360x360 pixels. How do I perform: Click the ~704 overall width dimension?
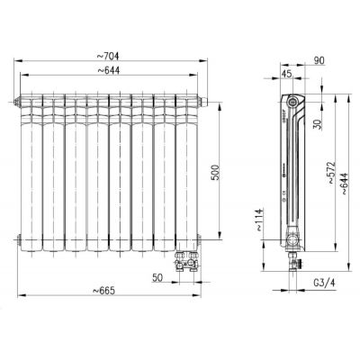112,56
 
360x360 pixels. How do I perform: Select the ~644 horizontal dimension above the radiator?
112,72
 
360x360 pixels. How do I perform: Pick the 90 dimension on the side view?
319,60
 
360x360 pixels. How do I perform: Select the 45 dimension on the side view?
286,74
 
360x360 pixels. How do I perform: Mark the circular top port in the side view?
290,100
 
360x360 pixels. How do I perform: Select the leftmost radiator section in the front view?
31,171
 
